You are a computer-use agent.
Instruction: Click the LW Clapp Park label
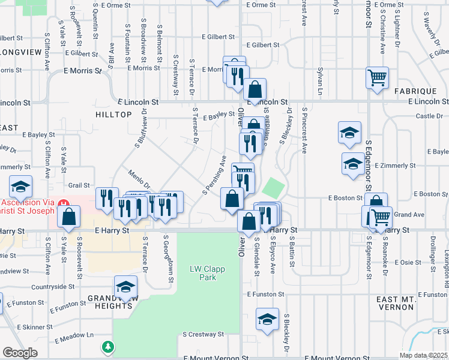(x=207, y=274)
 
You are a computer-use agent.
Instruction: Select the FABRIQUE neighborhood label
(x=415, y=91)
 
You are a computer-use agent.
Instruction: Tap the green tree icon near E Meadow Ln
(x=107, y=347)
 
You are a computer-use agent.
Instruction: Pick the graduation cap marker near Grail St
(x=21, y=187)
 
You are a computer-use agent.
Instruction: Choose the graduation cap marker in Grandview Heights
(x=125, y=288)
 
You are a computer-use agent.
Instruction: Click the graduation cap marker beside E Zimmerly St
(x=352, y=164)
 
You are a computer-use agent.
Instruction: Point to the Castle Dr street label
(x=429, y=116)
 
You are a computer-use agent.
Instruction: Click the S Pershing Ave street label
(x=214, y=175)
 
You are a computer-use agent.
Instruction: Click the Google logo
(x=20, y=353)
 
